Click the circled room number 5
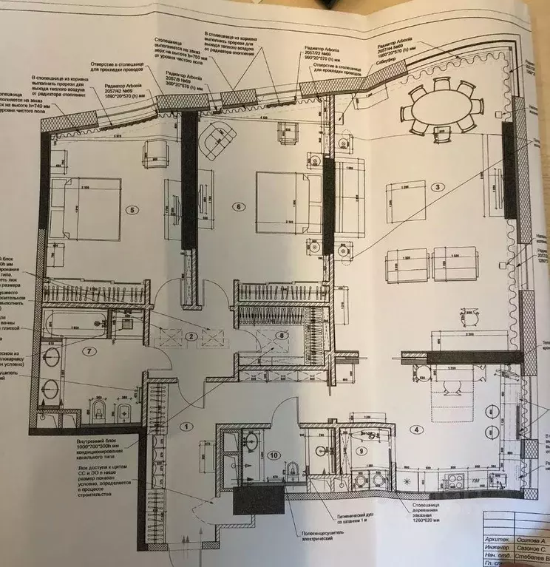coord(133,209)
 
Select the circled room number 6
coord(239,206)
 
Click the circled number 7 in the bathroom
coord(89,350)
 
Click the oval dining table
coord(439,109)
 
